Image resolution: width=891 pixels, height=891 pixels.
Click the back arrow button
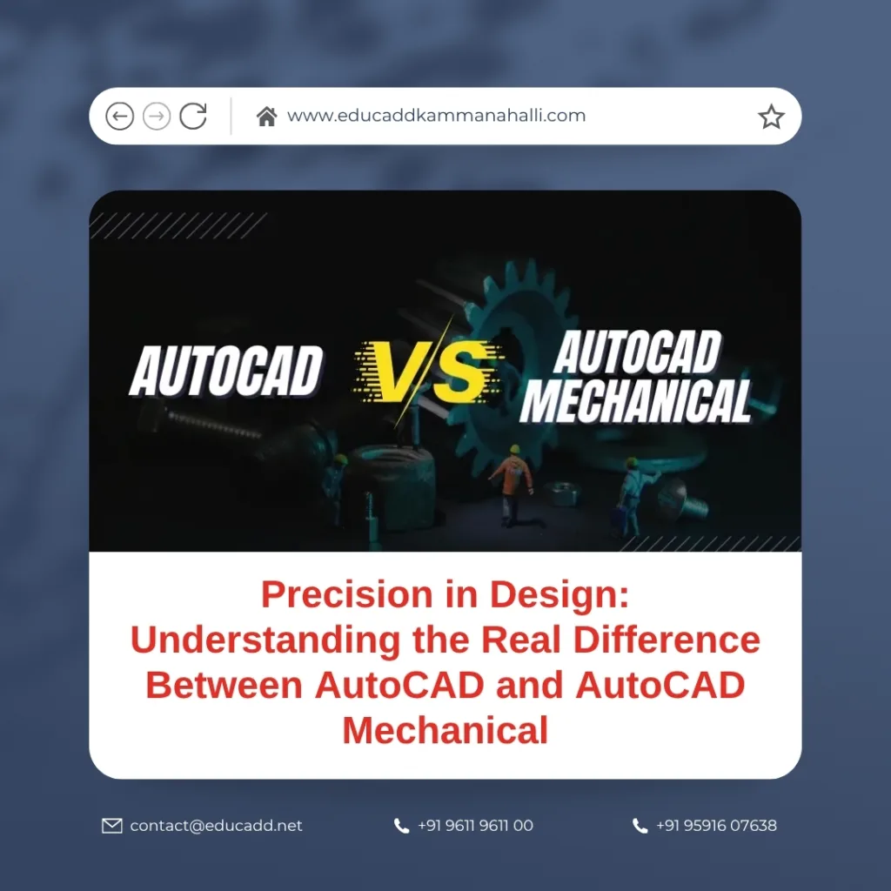[x=119, y=117]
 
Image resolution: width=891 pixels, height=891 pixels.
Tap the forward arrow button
[x=157, y=117]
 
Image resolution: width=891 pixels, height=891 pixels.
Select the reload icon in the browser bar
[x=193, y=116]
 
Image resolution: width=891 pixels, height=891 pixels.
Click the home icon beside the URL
[x=266, y=117]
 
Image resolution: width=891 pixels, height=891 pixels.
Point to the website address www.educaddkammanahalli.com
[x=437, y=116]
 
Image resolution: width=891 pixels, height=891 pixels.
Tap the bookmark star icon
[x=771, y=117]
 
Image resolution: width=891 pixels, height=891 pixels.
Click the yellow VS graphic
[x=427, y=372]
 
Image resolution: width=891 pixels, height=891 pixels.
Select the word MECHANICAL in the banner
[x=636, y=401]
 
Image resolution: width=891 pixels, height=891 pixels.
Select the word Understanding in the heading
[x=266, y=640]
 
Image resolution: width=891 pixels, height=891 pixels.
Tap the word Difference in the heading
[x=667, y=640]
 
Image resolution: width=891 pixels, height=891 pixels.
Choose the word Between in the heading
[x=224, y=686]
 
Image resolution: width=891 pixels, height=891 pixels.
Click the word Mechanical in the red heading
[x=445, y=731]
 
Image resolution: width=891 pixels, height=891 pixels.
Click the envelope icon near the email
[x=112, y=826]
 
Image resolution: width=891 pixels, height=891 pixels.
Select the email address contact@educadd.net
[x=216, y=826]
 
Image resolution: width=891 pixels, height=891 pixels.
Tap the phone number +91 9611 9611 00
[x=476, y=826]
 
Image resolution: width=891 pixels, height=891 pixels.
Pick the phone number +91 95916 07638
[x=716, y=826]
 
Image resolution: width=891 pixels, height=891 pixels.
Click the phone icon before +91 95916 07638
[x=640, y=827]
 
